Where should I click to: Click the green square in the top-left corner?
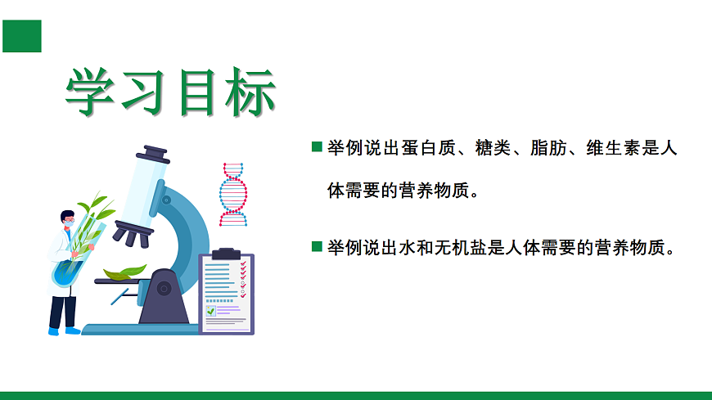pos(21,35)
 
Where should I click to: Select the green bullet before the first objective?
pos(317,147)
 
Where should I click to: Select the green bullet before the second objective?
pos(317,245)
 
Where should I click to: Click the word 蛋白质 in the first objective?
pos(424,148)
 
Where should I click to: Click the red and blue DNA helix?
pos(232,194)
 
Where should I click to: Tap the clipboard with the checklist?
pos(227,293)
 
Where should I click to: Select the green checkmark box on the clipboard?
pos(211,311)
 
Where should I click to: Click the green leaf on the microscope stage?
pos(124,272)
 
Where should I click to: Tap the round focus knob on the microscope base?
pos(164,287)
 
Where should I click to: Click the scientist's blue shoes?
pos(63,331)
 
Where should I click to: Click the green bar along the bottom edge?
pos(356,395)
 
